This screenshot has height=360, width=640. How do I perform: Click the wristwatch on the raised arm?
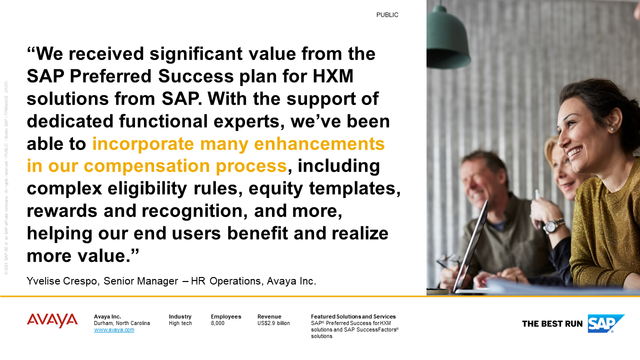[552, 226]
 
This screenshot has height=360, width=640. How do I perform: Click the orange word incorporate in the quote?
[144, 143]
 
